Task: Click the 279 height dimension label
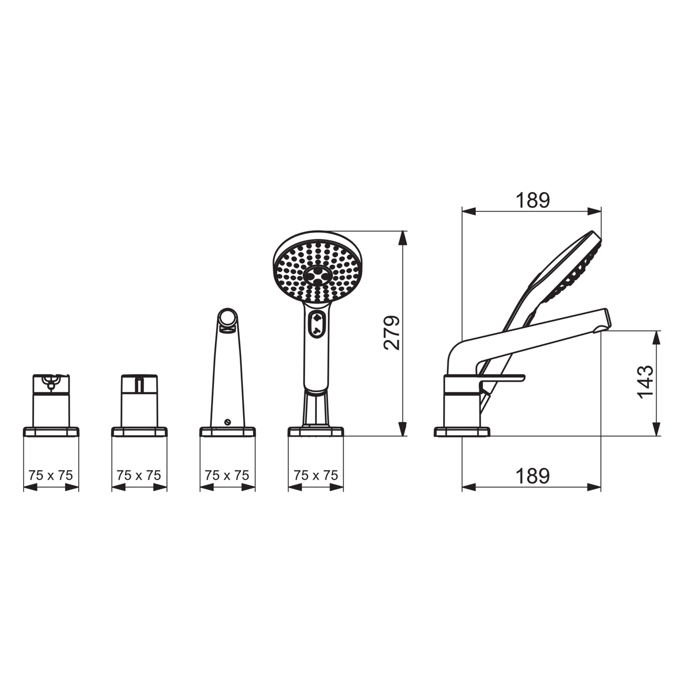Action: click(392, 333)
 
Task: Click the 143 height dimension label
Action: click(645, 382)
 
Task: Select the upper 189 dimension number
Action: click(533, 200)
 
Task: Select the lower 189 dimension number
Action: click(533, 476)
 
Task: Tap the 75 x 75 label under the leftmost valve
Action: click(51, 475)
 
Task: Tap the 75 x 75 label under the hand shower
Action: click(316, 475)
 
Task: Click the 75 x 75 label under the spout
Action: click(227, 475)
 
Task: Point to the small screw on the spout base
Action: click(228, 422)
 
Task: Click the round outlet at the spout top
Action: click(227, 318)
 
